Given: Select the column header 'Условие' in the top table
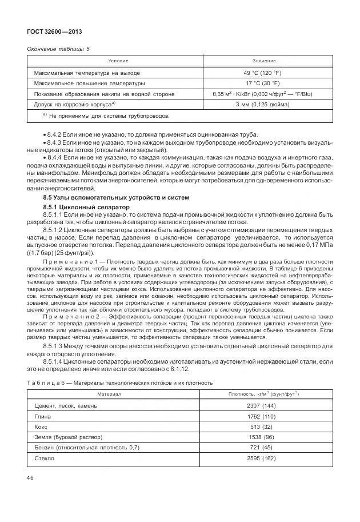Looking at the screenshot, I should [x=118, y=61].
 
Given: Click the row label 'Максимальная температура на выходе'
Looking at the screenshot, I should [x=87, y=73].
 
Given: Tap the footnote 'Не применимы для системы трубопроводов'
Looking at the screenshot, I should [x=106, y=116].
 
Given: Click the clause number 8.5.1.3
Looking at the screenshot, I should [x=55, y=346].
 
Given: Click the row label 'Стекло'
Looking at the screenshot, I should [x=45, y=458].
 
